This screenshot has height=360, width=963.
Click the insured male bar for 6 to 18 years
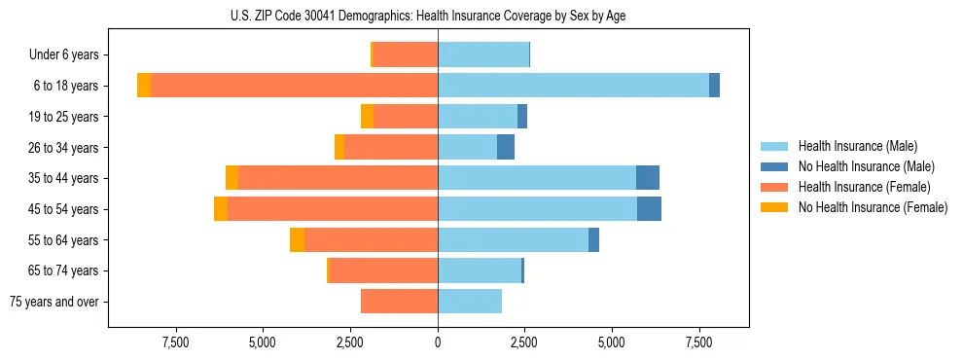[x=573, y=86]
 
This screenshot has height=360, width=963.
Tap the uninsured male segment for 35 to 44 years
[x=648, y=178]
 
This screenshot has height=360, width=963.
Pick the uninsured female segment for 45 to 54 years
[x=221, y=209]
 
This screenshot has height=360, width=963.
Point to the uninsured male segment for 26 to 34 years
[x=506, y=147]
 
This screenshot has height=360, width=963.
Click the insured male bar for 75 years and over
[x=470, y=302]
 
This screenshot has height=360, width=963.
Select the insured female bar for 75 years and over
[x=399, y=302]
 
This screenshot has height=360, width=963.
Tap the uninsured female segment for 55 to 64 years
[x=297, y=240]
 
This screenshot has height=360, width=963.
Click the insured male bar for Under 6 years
[x=483, y=54]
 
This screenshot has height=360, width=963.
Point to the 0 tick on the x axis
[x=438, y=342]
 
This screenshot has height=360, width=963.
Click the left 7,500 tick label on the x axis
[x=176, y=342]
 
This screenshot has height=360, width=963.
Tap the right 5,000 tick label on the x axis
[x=612, y=342]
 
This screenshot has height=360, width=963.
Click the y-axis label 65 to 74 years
[x=63, y=270]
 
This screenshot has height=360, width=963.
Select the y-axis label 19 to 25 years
[x=63, y=117]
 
